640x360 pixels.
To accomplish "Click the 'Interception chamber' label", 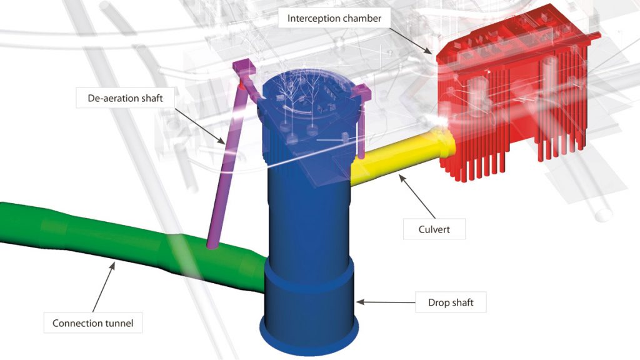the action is (334, 18).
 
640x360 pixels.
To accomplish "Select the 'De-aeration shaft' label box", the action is (125, 98).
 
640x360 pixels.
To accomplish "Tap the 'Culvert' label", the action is (434, 229).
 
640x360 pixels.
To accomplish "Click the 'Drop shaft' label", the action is (451, 302).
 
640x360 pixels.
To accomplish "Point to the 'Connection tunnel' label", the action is (93, 323).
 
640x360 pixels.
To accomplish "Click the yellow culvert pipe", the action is (402, 157).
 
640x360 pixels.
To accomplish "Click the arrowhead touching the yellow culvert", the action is (402, 177).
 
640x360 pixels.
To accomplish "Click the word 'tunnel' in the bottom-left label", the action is (119, 323).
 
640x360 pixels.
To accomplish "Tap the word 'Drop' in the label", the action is (438, 303).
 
